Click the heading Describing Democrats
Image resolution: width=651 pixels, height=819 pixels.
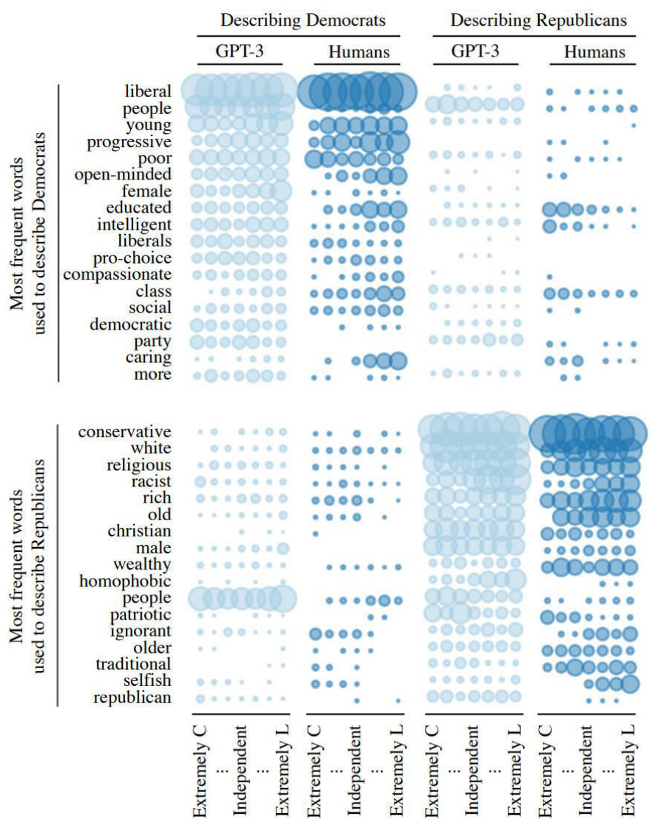pos(303,21)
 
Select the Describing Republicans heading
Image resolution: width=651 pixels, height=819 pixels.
pos(538,21)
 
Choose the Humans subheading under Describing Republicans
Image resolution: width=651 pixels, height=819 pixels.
pos(595,52)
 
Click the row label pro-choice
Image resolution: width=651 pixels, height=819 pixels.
pos(132,258)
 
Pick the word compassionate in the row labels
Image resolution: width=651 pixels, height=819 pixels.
pos(117,275)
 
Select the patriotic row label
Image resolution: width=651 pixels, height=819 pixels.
pos(135,614)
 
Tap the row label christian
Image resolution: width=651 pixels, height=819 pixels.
pos(139,531)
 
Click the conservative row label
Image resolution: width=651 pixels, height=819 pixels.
pos(125,432)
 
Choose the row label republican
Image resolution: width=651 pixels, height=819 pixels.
pos(132,698)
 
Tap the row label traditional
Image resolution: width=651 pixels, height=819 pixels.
pos(133,664)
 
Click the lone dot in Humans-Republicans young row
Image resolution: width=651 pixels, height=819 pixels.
pos(634,125)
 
